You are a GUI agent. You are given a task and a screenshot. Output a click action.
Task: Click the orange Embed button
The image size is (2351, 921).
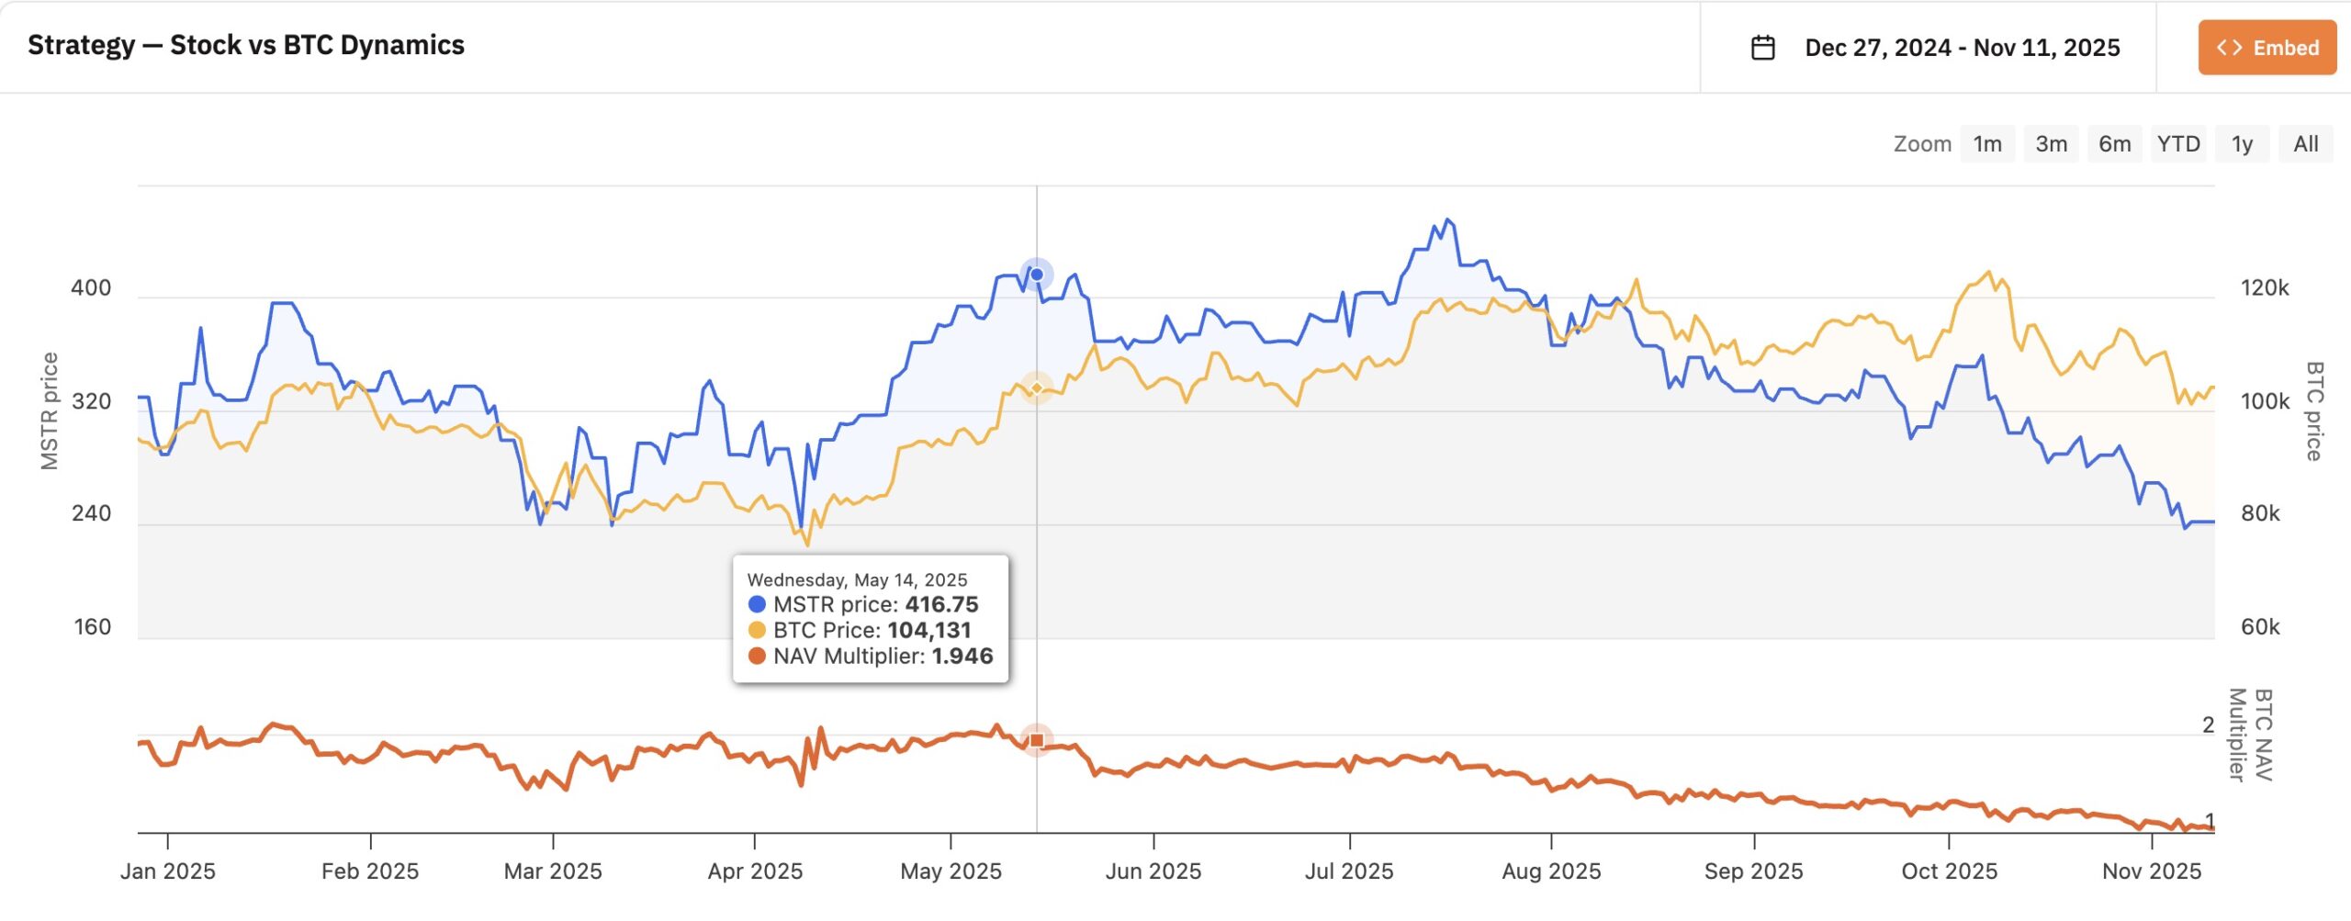2267,48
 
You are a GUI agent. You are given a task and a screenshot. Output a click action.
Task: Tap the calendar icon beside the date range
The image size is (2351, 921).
1762,48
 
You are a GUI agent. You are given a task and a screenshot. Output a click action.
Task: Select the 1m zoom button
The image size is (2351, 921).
1987,144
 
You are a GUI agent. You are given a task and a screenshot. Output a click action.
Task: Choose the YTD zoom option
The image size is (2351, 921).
2178,144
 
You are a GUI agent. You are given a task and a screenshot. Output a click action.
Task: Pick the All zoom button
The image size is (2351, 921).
2305,144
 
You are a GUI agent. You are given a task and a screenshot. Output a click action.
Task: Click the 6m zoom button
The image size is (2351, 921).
2114,144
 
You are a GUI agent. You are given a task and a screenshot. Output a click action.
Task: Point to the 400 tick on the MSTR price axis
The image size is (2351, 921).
91,288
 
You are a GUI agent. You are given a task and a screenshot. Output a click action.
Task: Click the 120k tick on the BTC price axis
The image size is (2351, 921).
2265,288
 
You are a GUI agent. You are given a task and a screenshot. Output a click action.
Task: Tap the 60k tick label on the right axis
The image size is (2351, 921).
2260,627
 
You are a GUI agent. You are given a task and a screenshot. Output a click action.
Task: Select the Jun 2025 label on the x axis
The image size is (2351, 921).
1153,871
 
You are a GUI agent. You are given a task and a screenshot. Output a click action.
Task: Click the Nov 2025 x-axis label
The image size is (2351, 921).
2152,871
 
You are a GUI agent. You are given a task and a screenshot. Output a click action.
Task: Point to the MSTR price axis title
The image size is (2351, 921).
50,410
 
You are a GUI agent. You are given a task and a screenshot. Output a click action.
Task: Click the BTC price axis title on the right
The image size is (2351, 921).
2314,410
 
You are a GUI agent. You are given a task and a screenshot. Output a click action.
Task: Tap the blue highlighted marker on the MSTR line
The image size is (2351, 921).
1037,275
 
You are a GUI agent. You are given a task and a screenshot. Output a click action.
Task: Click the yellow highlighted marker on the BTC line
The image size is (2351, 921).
1037,388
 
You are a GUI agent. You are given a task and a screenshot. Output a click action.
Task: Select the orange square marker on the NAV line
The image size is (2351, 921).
1037,740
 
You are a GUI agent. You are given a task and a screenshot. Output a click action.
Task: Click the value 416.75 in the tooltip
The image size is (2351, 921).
941,604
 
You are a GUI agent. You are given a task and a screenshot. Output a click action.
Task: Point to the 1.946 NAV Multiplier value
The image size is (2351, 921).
962,657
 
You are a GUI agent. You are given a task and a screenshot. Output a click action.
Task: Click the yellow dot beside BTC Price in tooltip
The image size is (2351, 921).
757,631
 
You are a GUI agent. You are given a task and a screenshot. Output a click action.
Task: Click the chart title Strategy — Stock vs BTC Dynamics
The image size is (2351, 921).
246,45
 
